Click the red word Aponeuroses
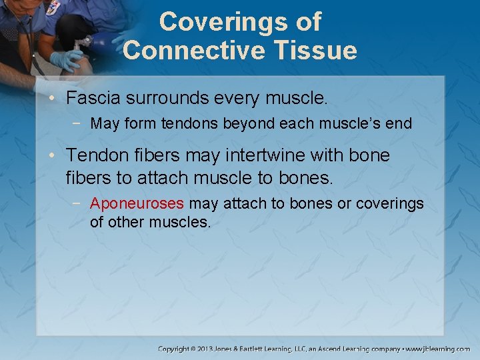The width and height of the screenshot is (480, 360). [137, 203]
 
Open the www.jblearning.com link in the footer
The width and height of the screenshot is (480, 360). [439, 349]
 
